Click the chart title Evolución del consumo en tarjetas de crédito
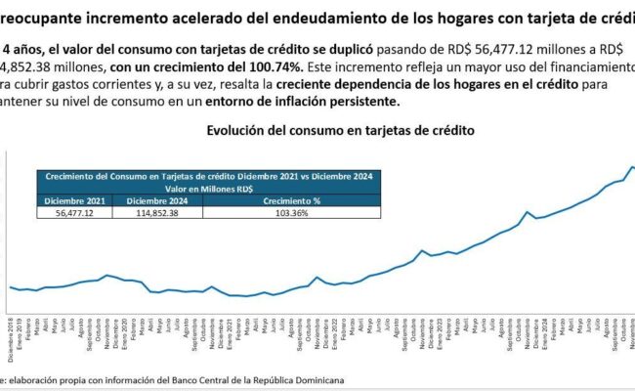coord(341,131)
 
